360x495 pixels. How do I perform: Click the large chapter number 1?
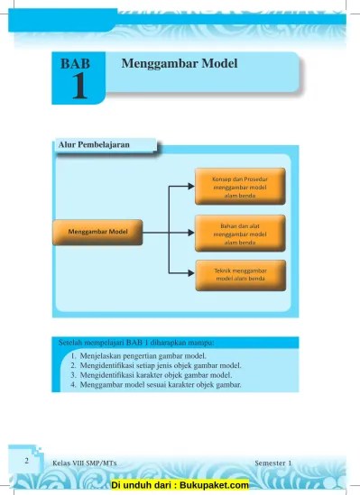(x=78, y=86)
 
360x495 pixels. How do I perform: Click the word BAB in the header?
(x=78, y=64)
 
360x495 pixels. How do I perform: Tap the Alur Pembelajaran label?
(x=103, y=145)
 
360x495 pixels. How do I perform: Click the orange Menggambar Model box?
(x=97, y=232)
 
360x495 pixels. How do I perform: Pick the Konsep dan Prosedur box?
(x=241, y=185)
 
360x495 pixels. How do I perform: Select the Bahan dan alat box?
(x=241, y=232)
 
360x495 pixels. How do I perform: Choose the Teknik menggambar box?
(x=241, y=275)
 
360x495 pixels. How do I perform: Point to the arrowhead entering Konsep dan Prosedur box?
(x=190, y=186)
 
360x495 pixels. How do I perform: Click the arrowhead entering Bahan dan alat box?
(x=190, y=232)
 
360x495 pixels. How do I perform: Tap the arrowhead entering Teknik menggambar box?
(x=190, y=274)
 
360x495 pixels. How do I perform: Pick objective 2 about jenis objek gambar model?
(x=155, y=366)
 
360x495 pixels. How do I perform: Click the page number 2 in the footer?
(x=27, y=461)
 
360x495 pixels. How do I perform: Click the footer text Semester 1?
(x=273, y=463)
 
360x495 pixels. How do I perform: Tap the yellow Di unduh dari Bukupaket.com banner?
(x=180, y=485)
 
